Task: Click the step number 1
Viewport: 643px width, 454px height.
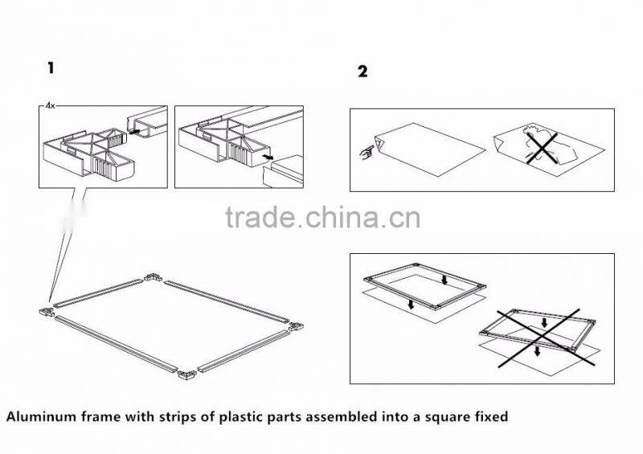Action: point(51,68)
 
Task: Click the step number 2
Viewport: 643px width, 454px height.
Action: point(362,72)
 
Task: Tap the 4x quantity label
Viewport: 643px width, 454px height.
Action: point(50,106)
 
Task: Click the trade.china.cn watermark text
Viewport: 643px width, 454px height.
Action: point(323,218)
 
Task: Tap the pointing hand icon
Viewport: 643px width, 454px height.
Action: point(367,152)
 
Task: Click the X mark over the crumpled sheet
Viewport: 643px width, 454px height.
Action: point(542,148)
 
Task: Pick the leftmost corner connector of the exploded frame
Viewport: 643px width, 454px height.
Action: point(47,312)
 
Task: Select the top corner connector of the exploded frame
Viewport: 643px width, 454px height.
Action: point(153,277)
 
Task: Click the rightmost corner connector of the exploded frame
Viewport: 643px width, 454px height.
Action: point(296,326)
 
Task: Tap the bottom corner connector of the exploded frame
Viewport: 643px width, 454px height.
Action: point(187,374)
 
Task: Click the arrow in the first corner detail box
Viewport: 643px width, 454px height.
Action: point(135,132)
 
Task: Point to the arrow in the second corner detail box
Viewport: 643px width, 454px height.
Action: point(268,157)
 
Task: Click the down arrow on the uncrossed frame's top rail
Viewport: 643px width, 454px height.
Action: point(444,280)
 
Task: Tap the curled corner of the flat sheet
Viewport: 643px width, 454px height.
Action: point(379,145)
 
